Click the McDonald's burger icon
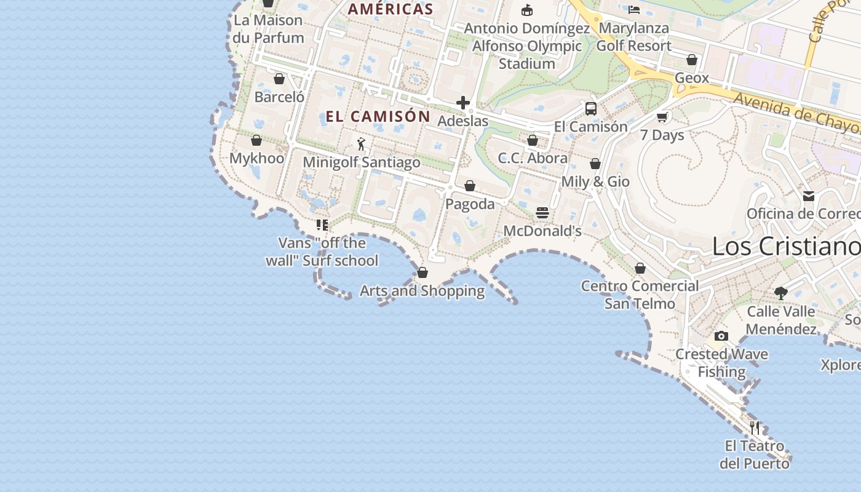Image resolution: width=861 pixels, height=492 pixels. tap(542, 213)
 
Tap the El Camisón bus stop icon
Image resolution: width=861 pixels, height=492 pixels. tap(591, 109)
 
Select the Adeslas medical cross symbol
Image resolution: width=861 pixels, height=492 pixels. tap(463, 103)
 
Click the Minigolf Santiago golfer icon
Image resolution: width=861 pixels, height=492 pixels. tap(361, 145)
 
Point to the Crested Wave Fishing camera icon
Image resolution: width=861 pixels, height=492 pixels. tap(721, 336)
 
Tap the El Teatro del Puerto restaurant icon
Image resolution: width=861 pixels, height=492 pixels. tap(755, 427)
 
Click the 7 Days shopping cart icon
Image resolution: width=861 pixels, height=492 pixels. tap(662, 117)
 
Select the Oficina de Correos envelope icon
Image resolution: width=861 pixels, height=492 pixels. tap(808, 196)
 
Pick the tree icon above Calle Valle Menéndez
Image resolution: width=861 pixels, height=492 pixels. tap(781, 293)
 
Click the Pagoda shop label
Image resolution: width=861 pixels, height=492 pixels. tap(470, 204)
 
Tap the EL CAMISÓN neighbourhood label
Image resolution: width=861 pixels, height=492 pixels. tap(378, 116)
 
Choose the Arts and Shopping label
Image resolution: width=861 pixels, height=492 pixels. tap(423, 290)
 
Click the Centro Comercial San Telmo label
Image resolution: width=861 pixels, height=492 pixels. tap(640, 295)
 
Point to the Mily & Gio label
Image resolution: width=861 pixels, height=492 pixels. tap(595, 181)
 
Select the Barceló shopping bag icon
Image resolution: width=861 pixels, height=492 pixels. tap(279, 79)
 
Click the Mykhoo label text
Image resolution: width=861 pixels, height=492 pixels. tap(257, 158)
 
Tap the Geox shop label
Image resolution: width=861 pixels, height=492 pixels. tap(692, 78)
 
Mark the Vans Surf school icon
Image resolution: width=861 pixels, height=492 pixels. tap(322, 225)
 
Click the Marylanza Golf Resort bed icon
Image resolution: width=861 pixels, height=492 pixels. tap(634, 9)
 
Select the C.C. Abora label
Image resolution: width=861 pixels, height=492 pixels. tap(533, 158)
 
